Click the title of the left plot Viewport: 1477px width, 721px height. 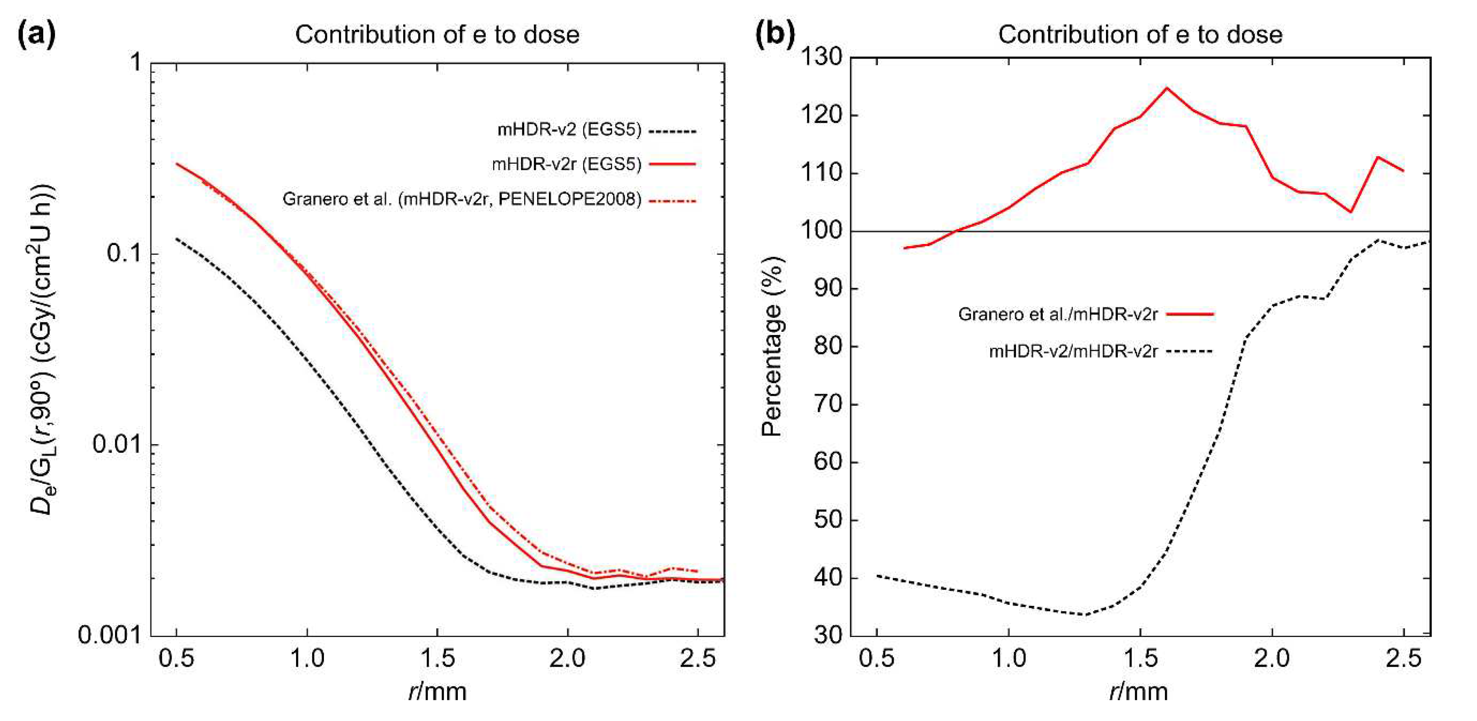[x=437, y=35]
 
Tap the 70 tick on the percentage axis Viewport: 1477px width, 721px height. [x=828, y=404]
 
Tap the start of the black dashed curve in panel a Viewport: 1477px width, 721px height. [x=177, y=239]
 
